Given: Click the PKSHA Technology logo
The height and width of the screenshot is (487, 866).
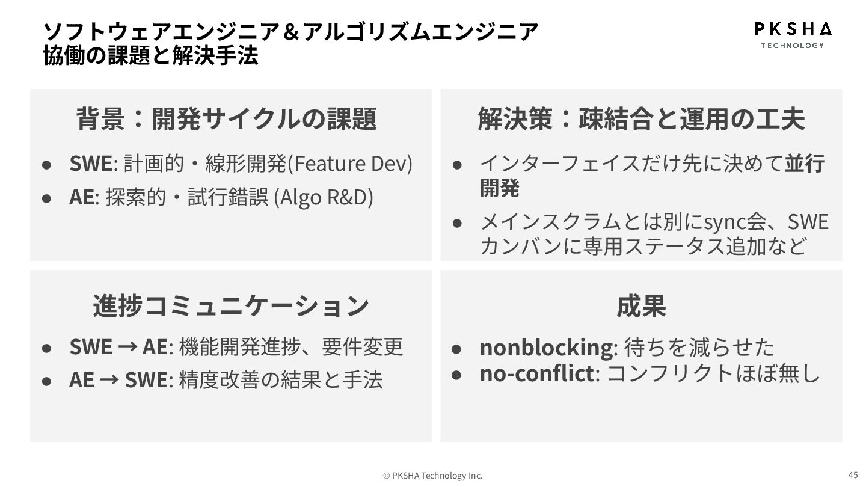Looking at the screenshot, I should tap(793, 35).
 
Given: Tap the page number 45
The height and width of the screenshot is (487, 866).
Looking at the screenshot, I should tap(853, 474).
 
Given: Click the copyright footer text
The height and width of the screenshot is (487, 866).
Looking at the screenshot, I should tap(433, 476).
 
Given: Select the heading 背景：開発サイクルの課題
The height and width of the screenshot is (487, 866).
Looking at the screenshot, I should tap(226, 118).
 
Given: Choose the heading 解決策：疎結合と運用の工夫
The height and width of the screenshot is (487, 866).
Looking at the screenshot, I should tap(641, 118).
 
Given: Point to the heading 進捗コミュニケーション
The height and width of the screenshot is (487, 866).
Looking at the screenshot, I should tap(230, 305).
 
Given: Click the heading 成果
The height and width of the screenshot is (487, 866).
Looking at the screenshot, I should tap(641, 305).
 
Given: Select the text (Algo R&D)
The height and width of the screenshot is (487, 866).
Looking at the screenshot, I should tap(324, 197).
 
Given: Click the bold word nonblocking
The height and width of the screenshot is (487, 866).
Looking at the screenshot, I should tap(545, 347).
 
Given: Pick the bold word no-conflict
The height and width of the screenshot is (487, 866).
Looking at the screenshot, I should tap(536, 373).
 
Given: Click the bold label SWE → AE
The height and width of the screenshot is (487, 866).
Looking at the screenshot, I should tap(118, 347).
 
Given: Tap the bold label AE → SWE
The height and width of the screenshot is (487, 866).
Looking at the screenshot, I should tap(118, 380).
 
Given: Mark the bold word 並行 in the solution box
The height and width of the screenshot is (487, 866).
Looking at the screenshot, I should tap(804, 164).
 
